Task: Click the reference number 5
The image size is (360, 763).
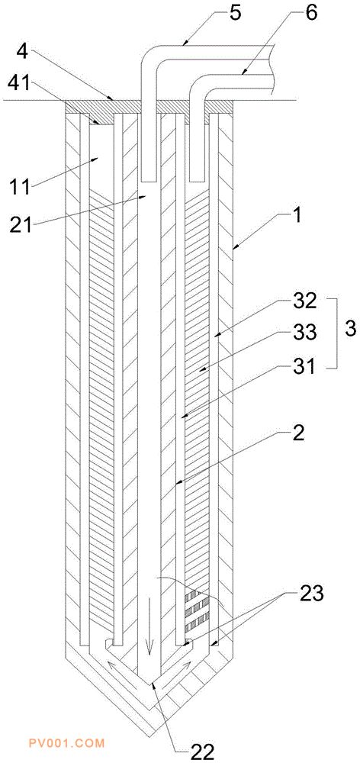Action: click(x=235, y=13)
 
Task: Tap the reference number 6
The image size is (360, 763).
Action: click(x=311, y=13)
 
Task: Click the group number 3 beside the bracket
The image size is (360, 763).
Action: click(x=350, y=329)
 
